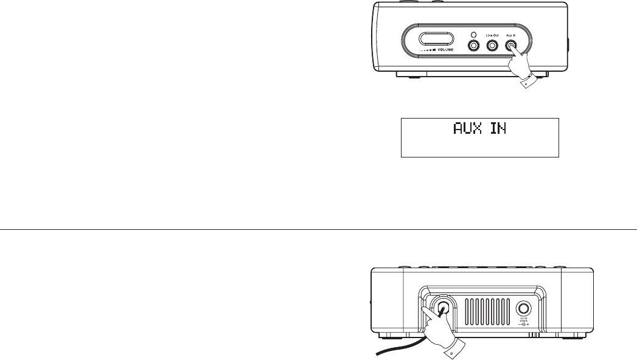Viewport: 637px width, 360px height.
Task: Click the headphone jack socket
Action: point(473,46)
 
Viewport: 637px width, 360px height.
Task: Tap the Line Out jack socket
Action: point(492,46)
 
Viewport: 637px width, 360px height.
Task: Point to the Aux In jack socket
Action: point(510,46)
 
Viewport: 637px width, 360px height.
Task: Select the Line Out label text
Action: point(492,36)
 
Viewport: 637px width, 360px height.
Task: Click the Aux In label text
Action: point(510,36)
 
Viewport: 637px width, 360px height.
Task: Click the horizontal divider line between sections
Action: point(318,229)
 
